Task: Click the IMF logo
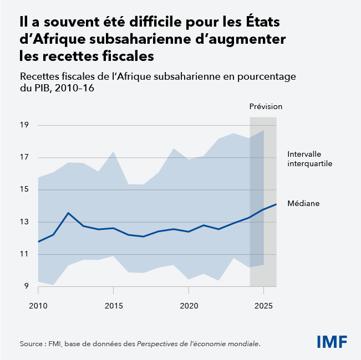point(332,341)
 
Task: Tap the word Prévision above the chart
point(266,106)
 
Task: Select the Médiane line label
point(303,203)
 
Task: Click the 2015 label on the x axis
point(113,305)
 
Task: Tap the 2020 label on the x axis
point(189,305)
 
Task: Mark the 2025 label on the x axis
point(263,305)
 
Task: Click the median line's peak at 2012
point(68,213)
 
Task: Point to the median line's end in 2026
point(276,204)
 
